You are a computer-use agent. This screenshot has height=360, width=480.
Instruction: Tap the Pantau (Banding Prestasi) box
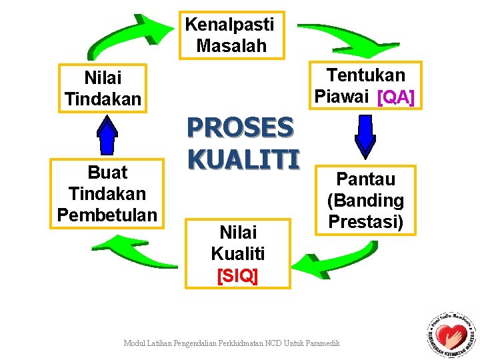(365, 200)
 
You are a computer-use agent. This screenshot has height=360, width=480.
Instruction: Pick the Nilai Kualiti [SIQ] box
(237, 254)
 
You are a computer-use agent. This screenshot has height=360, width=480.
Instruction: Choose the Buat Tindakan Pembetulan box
(107, 193)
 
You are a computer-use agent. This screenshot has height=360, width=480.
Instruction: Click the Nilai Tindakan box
(103, 89)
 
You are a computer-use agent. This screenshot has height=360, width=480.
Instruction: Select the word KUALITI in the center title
(243, 158)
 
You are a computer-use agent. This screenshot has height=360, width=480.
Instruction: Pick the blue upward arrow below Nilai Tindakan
(107, 135)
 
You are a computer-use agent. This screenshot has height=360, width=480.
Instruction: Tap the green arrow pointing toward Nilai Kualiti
(330, 260)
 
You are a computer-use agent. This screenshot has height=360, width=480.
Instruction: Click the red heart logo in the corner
(453, 333)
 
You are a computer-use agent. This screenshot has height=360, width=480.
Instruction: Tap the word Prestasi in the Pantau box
(365, 221)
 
